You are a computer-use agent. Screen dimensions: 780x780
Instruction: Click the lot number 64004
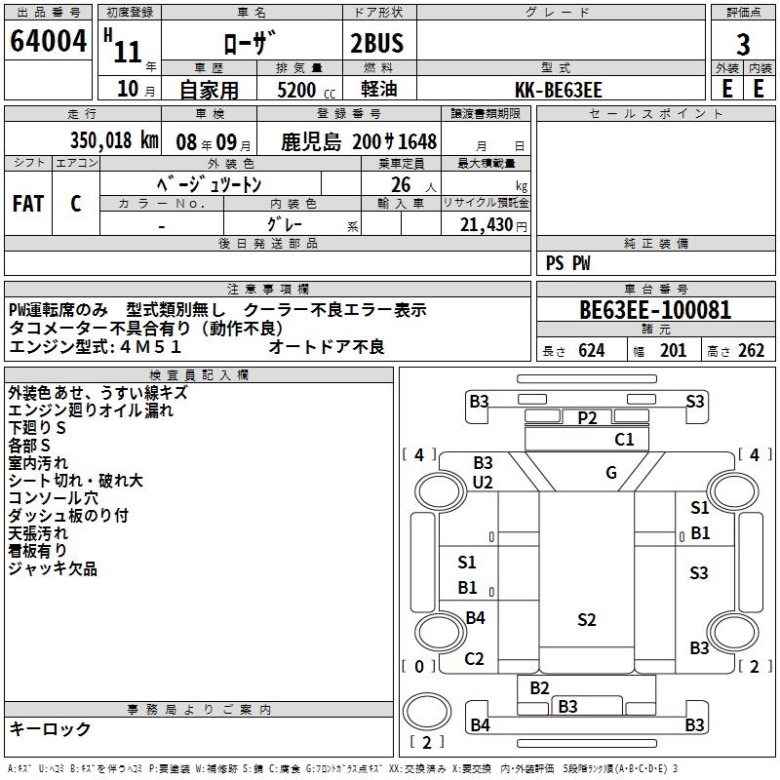point(48,45)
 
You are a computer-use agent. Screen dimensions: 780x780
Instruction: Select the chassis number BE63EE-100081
point(654,311)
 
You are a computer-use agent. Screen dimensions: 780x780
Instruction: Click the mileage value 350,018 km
point(114,140)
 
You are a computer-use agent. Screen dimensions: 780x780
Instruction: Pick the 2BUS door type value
point(376,45)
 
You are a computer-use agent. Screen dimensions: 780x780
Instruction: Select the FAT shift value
point(27,204)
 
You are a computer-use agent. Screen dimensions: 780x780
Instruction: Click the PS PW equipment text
point(568,262)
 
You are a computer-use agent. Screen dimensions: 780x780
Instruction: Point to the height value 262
point(751,351)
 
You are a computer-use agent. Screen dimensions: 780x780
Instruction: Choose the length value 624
point(589,351)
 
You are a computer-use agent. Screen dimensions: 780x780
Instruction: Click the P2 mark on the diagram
point(586,417)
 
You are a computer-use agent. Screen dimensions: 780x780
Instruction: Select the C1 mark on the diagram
point(624,440)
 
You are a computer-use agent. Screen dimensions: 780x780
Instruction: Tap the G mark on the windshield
point(611,473)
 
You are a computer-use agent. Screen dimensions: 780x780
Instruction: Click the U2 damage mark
point(483,483)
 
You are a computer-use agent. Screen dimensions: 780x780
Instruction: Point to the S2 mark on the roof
point(586,619)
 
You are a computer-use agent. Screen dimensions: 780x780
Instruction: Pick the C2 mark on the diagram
point(474,659)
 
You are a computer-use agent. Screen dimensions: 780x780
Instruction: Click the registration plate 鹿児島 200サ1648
point(359,141)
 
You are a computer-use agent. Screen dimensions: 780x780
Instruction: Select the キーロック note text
point(50,729)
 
